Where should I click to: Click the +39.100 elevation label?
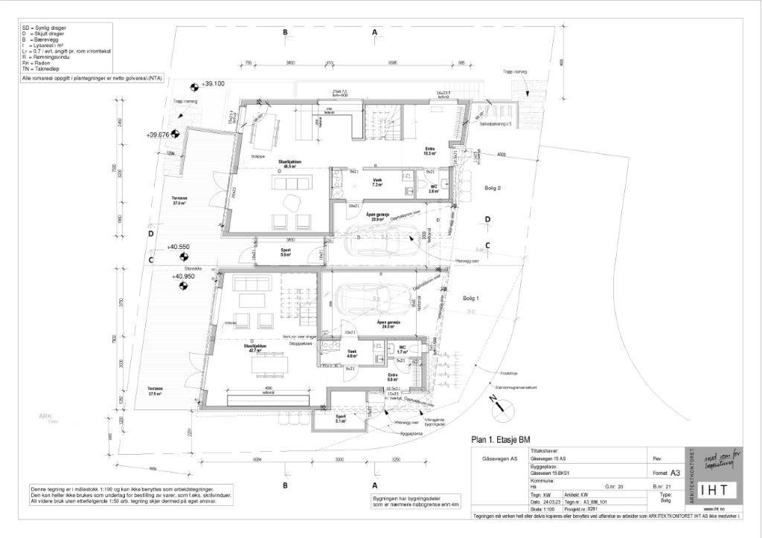click(x=213, y=84)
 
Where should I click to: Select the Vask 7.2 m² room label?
click(x=377, y=182)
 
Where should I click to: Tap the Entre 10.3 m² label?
click(x=429, y=152)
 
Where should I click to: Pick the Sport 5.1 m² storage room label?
click(x=341, y=418)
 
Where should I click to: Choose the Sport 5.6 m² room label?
click(x=286, y=252)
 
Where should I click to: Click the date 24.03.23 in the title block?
click(x=551, y=502)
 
